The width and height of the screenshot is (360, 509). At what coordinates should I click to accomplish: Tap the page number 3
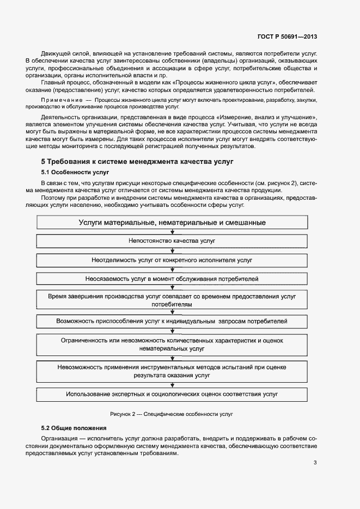315,463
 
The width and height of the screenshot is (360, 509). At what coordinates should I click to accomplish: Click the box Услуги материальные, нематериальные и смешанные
172,223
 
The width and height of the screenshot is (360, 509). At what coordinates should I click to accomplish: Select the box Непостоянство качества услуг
172,240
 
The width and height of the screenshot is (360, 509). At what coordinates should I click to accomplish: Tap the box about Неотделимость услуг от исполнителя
172,260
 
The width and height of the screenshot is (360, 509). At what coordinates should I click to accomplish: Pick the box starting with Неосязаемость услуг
172,279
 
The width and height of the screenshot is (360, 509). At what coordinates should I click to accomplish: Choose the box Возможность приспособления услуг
172,321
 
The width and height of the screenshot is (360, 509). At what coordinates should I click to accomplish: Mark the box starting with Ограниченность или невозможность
172,344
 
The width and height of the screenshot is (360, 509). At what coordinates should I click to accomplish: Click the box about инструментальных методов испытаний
172,371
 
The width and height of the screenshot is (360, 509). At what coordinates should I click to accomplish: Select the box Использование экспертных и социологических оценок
172,394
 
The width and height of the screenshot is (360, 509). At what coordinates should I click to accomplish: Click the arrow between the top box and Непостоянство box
172,231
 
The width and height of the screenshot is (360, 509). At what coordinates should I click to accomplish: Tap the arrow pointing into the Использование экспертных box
172,384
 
